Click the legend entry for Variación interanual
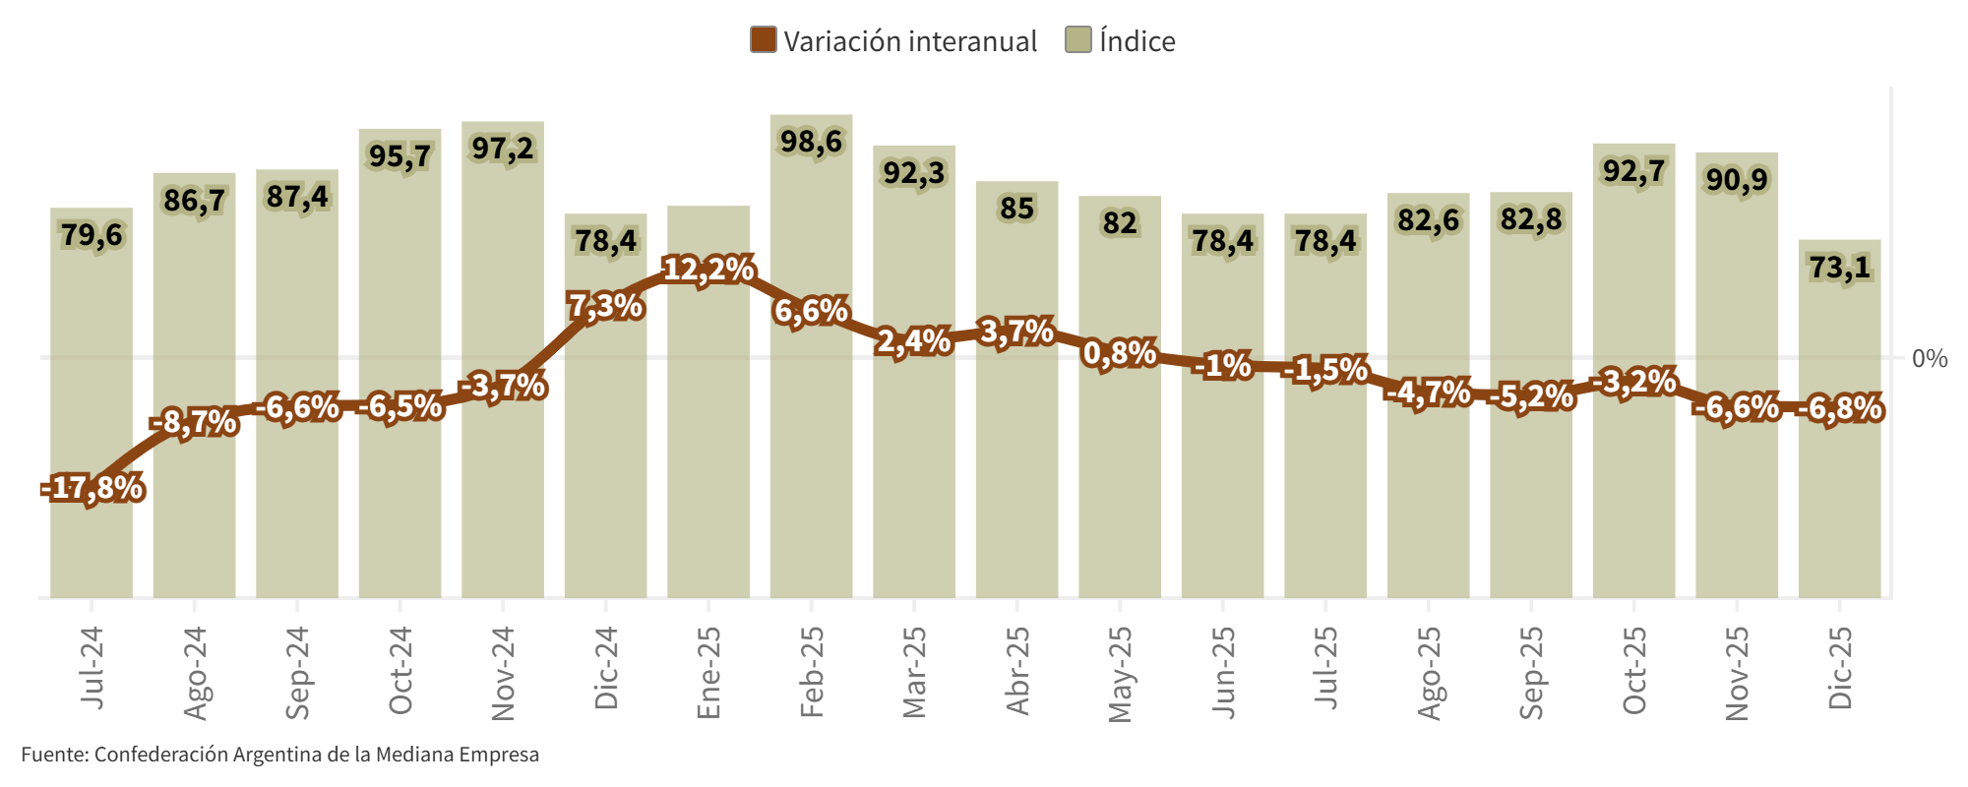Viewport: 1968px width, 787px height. tap(893, 41)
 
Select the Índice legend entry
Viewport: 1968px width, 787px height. tap(1121, 41)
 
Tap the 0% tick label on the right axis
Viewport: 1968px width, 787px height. tap(1929, 358)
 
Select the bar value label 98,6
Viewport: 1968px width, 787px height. tap(811, 142)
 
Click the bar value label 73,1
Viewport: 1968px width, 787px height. tap(1839, 267)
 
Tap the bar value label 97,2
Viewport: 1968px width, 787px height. tap(502, 149)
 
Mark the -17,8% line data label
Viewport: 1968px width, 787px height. tap(92, 488)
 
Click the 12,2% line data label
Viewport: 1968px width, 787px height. tap(708, 270)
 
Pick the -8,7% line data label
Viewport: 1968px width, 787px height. tap(194, 423)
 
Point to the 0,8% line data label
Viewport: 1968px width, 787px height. tap(1119, 352)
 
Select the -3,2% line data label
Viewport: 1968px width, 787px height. tap(1633, 382)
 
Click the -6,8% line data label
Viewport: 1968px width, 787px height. tap(1839, 407)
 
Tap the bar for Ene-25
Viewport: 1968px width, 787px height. tap(708, 443)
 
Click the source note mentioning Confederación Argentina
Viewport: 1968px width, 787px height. tap(280, 755)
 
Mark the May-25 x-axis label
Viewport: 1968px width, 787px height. tap(1120, 674)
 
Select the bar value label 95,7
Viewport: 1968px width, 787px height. tap(400, 156)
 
